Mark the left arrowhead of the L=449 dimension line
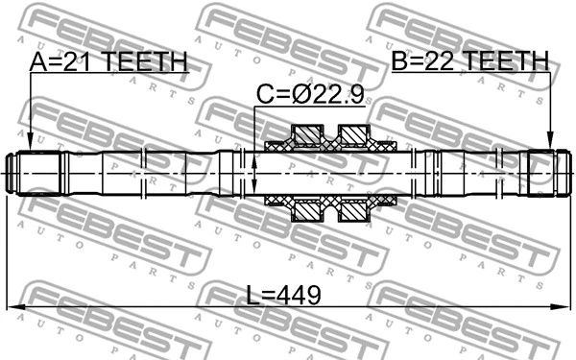tap(13, 307)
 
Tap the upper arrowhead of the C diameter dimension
tap(254, 155)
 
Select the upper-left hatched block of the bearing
tap(308, 132)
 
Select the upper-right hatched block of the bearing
tap(354, 132)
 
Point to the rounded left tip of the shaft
tap(10, 172)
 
